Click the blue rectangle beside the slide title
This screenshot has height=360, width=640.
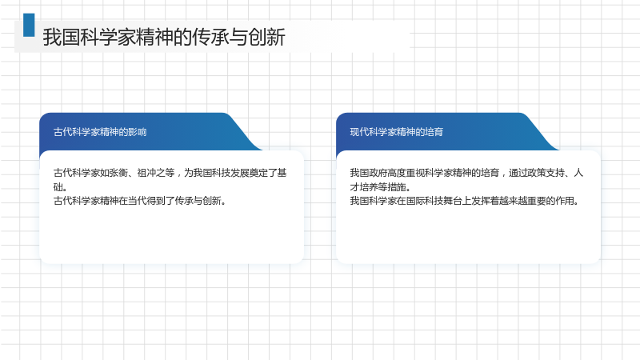click(x=29, y=25)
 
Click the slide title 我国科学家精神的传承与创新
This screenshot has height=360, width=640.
click(x=164, y=37)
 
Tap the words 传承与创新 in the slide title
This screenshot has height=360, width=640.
click(x=238, y=37)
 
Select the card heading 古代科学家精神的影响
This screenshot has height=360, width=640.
click(x=100, y=132)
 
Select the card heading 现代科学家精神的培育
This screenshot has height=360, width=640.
click(x=396, y=132)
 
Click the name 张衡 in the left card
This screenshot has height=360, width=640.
click(x=118, y=173)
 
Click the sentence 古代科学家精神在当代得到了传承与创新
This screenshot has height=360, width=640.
click(x=139, y=201)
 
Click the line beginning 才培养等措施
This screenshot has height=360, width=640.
click(x=380, y=187)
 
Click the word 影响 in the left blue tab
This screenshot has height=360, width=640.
click(x=137, y=132)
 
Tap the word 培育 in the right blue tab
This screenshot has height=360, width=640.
click(x=434, y=132)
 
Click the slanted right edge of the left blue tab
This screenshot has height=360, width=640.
click(x=244, y=131)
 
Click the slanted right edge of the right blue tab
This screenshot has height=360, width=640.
click(x=541, y=131)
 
